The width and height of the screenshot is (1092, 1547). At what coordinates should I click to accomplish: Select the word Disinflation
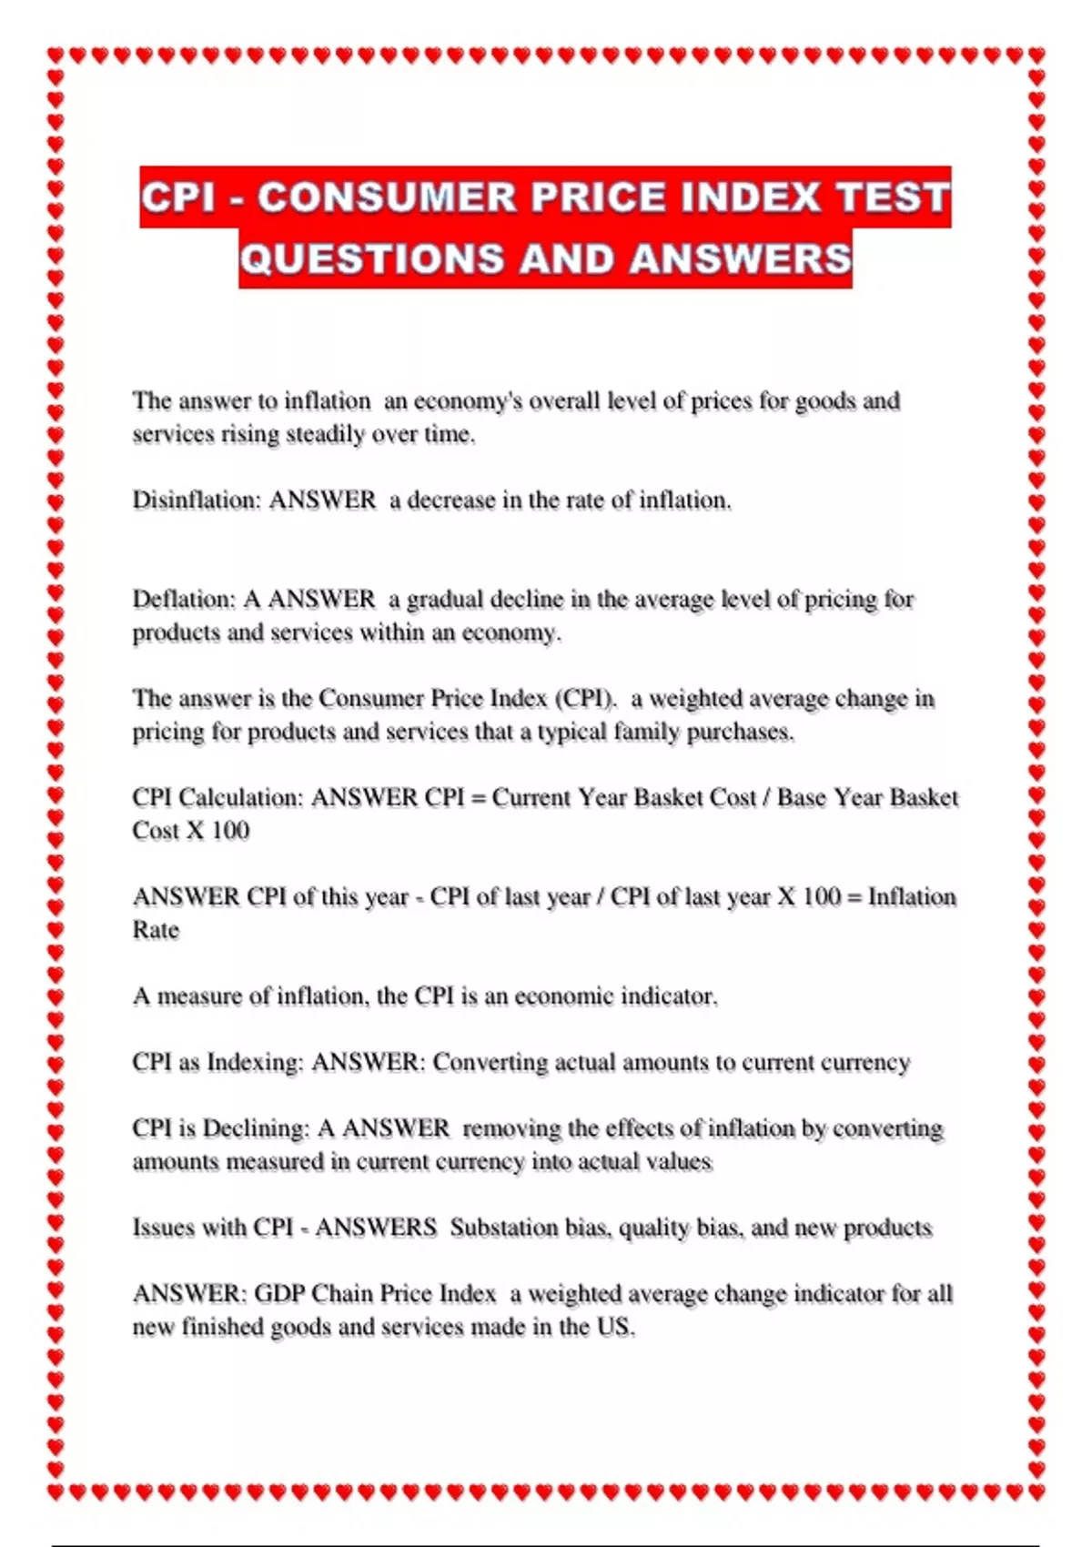coord(196,500)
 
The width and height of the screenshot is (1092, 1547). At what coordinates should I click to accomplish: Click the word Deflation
coord(184,599)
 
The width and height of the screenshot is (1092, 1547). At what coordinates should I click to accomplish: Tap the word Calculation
coord(241,797)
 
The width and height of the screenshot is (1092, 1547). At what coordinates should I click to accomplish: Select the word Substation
coord(504,1228)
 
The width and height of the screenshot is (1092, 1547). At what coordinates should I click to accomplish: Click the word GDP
coord(279,1293)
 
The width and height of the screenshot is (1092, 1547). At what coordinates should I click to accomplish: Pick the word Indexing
coord(255,1062)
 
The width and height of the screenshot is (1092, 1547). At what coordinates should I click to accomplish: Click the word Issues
coord(164,1228)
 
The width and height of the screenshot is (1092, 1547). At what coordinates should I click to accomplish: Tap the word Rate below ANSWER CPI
coord(156,930)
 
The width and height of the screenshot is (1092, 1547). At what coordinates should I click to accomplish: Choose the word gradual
coord(444,599)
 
